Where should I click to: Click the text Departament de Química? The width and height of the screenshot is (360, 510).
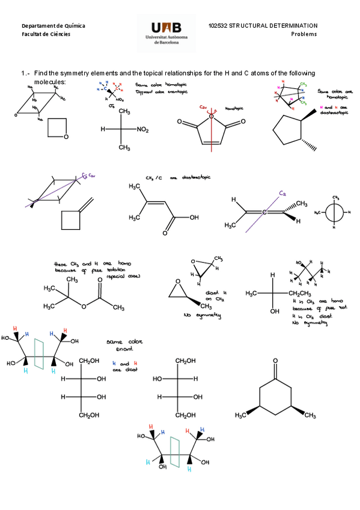53,26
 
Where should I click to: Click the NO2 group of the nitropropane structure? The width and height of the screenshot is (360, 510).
143,129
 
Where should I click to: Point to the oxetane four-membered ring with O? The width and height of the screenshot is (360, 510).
57,128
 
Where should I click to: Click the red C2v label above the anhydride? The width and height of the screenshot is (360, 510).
204,107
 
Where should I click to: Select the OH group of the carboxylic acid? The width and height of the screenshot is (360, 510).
194,217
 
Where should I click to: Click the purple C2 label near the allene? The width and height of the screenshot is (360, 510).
282,193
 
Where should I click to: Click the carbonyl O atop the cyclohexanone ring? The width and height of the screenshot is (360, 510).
275,362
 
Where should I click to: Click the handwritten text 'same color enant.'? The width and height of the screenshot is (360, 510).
122,345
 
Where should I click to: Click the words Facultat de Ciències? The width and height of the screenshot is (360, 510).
46,34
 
